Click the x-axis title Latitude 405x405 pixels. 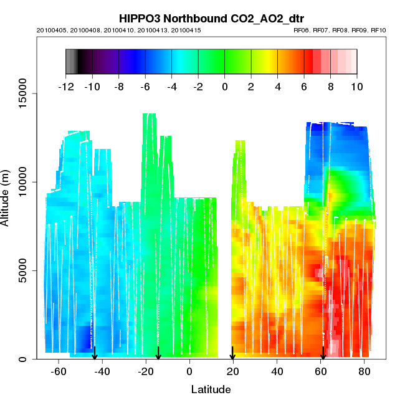tap(211, 389)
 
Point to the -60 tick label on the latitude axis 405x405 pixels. tap(59, 372)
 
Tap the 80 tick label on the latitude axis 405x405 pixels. tap(364, 372)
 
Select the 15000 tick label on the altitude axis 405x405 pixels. tap(21, 93)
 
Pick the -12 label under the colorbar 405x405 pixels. tap(66, 87)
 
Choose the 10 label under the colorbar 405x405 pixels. tap(357, 87)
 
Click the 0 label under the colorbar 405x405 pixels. tap(225, 87)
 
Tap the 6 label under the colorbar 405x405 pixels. tap(304, 87)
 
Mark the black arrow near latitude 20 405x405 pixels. tap(232, 354)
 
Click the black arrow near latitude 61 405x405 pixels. tap(323, 354)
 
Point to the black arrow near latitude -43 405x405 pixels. tap(95, 354)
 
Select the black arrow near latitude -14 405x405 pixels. tap(158, 354)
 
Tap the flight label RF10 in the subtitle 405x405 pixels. tap(379, 31)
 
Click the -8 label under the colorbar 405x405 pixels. tap(119, 87)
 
